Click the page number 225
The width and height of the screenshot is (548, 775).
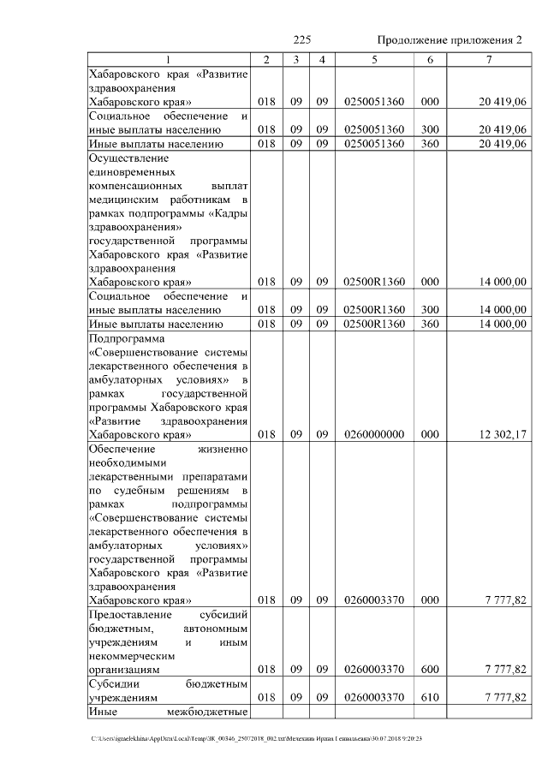click(x=301, y=40)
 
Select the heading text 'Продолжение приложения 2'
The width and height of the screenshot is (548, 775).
click(x=450, y=40)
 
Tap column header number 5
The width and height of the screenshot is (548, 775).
click(x=374, y=59)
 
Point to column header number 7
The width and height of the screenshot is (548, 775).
click(x=488, y=59)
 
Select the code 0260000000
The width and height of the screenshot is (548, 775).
click(x=373, y=434)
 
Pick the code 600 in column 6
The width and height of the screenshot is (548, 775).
click(x=431, y=669)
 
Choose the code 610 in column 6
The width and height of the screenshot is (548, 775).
click(x=431, y=698)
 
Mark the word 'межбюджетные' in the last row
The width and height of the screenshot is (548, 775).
click(x=211, y=712)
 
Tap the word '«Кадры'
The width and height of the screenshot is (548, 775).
click(x=229, y=212)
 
